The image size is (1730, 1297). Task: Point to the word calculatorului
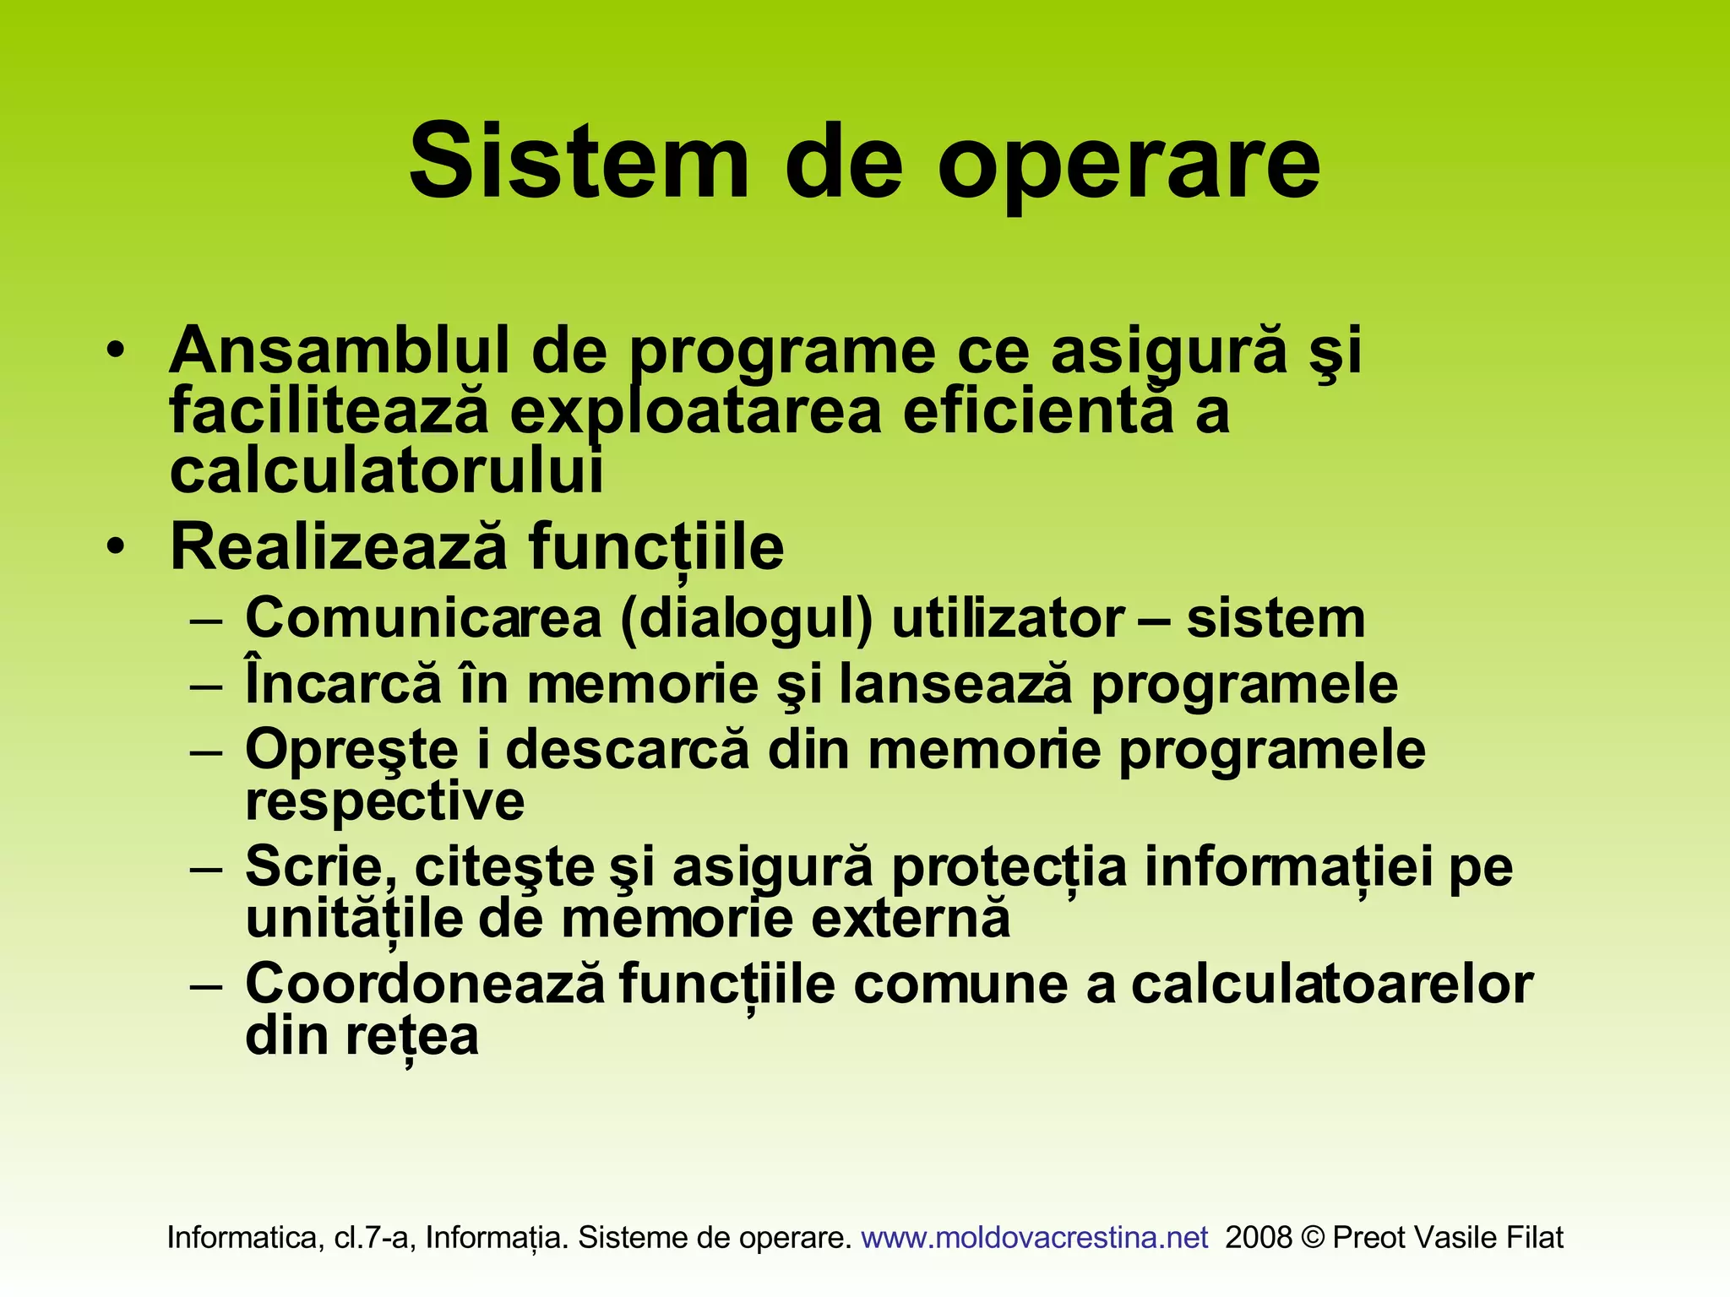point(387,471)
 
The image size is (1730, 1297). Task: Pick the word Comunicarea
point(423,618)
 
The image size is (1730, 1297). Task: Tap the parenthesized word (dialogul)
point(746,620)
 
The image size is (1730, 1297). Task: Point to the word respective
point(384,801)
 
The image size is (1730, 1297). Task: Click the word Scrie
point(321,867)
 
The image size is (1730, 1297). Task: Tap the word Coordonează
point(425,984)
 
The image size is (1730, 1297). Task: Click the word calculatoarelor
point(1331,985)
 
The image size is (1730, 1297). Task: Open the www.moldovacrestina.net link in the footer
point(1035,1237)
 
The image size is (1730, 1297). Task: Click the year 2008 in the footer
point(1259,1237)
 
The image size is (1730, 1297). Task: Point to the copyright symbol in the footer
point(1313,1237)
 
